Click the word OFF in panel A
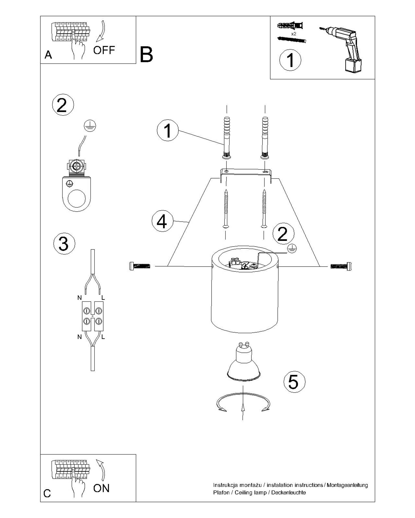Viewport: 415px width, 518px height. pos(104,50)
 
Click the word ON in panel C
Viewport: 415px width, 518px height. pos(101,488)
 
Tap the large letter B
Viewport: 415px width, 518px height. pos(146,55)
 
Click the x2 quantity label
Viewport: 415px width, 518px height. pos(294,34)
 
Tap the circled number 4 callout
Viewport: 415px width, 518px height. pos(163,221)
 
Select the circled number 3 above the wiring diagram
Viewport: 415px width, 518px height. pos(64,244)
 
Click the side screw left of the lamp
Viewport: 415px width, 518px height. pos(140,266)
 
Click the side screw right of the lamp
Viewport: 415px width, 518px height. pos(341,266)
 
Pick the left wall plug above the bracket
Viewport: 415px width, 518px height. pos(227,137)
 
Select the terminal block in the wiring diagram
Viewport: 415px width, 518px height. pos(93,316)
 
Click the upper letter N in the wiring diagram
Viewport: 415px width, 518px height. pos(80,298)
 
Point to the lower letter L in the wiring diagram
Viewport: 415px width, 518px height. pos(103,337)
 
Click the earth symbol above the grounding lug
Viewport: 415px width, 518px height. pos(90,126)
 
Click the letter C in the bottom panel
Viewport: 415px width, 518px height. pos(47,493)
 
